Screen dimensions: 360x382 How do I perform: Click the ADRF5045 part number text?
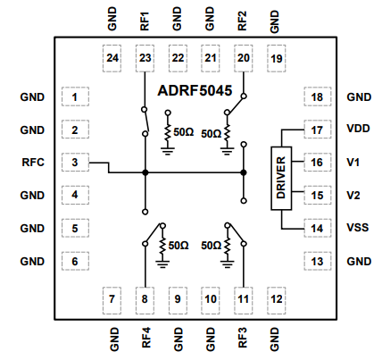(x=195, y=90)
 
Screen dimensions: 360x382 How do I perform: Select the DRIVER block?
(x=281, y=178)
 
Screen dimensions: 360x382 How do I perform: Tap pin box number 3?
(x=75, y=163)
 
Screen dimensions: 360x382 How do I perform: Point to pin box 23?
(x=145, y=58)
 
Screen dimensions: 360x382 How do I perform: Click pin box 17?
(x=317, y=130)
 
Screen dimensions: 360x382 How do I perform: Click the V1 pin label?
(x=353, y=163)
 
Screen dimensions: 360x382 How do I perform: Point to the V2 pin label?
(x=353, y=195)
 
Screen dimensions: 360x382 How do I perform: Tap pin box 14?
(x=317, y=228)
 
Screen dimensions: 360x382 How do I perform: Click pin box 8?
(x=145, y=298)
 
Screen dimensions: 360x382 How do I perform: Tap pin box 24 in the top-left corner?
(x=112, y=58)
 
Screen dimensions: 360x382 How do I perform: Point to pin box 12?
(x=277, y=298)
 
